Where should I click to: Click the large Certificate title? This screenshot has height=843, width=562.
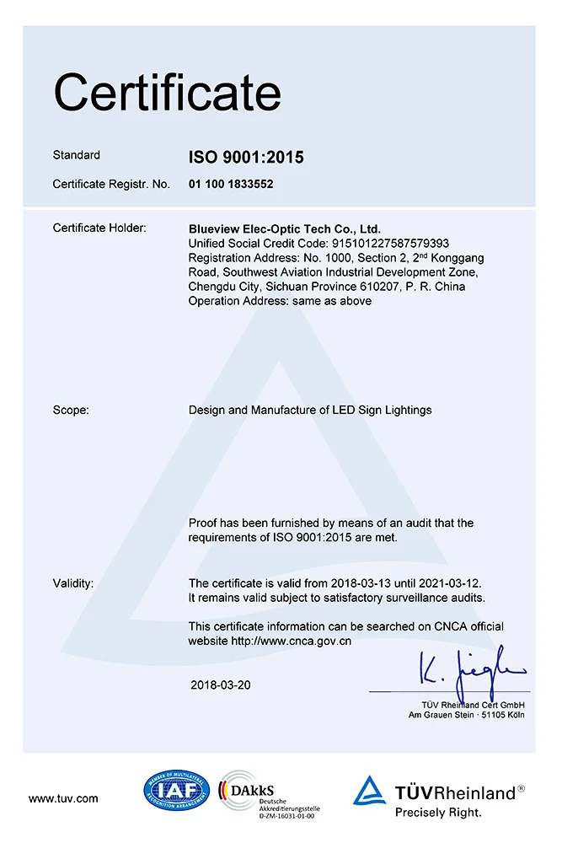coord(167,93)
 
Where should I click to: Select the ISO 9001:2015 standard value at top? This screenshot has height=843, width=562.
coord(246,157)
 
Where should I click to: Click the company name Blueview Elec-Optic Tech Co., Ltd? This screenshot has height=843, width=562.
coord(285,228)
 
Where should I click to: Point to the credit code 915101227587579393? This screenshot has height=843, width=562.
coord(388,243)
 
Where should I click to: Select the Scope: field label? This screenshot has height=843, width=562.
coord(71,411)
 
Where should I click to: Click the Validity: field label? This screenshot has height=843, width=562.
coord(73,583)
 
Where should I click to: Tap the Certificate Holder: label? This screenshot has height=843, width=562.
coord(99,228)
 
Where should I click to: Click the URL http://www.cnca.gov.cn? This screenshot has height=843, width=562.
coord(292,641)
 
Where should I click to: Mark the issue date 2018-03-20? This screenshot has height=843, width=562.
coord(221,685)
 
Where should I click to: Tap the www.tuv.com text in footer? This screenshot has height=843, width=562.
coord(63,798)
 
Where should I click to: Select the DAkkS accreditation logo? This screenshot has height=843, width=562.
coord(266,796)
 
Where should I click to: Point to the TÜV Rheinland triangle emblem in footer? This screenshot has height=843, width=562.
coord(369,792)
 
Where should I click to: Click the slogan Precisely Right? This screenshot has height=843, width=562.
coord(438,813)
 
